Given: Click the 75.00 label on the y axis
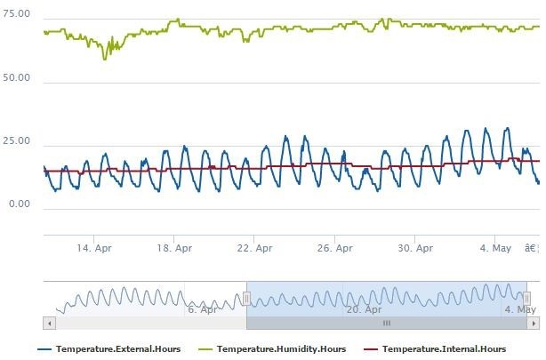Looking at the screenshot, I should point(18,15).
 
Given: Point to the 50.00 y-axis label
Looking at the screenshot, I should point(18,78).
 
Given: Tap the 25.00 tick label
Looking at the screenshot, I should point(18,141).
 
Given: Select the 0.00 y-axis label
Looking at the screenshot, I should point(20,204).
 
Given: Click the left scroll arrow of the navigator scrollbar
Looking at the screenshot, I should point(48,324).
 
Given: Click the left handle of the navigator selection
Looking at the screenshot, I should point(246,300).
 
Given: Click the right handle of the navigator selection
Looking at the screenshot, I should point(526,300).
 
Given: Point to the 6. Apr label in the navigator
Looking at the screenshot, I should point(202,309).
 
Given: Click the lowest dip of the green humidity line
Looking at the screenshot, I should point(105,59).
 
